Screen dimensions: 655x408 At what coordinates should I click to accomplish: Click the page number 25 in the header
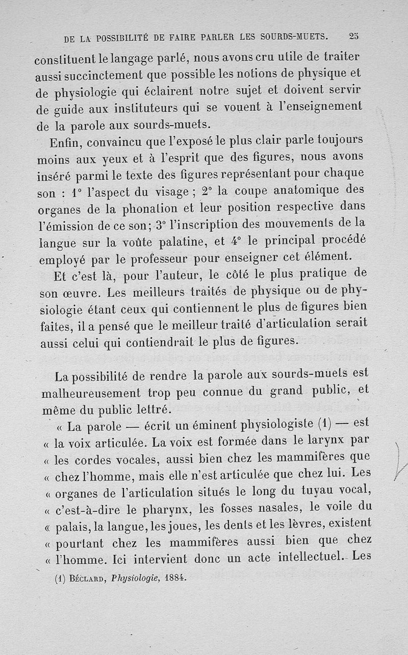tap(353, 37)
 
